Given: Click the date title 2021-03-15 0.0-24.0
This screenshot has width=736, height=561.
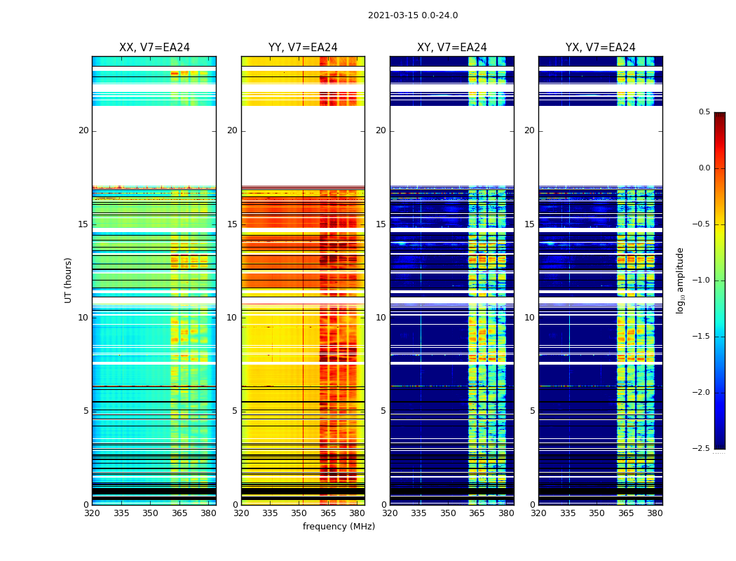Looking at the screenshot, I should click(413, 15).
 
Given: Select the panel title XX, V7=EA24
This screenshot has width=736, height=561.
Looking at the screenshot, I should click(154, 48).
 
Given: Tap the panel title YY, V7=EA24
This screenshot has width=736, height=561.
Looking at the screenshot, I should click(303, 48).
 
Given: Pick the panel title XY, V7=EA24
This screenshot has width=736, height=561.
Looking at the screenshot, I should click(452, 48).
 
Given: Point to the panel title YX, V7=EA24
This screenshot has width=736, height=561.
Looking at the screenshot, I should click(601, 48).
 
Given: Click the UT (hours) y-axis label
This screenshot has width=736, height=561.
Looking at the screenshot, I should click(69, 280).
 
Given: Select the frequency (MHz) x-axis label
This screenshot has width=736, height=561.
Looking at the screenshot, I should click(339, 527).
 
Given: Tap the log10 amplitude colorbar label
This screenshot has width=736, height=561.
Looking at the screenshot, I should click(680, 280).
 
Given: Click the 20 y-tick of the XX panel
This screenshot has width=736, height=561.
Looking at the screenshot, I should click(83, 130).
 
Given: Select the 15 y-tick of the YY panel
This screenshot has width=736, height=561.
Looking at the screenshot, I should click(233, 224).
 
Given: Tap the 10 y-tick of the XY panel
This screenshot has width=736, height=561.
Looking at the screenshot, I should click(381, 318).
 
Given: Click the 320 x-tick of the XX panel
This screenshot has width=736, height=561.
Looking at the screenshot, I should click(92, 513).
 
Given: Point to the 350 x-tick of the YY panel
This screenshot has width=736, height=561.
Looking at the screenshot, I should click(299, 513).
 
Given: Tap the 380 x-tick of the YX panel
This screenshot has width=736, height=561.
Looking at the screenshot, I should click(655, 513).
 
